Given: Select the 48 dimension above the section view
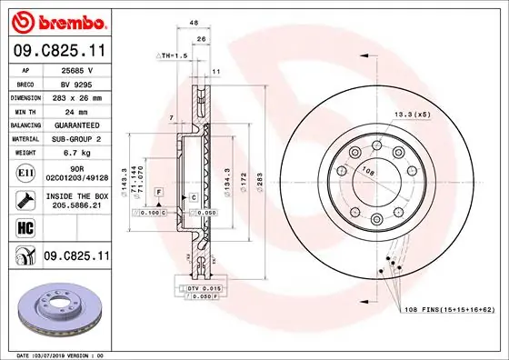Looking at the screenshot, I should click(194, 22).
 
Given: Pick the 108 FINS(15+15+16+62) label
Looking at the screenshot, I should click(449, 310).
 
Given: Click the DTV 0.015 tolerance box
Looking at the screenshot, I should click(205, 287).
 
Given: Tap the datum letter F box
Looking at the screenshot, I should click(158, 193).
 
